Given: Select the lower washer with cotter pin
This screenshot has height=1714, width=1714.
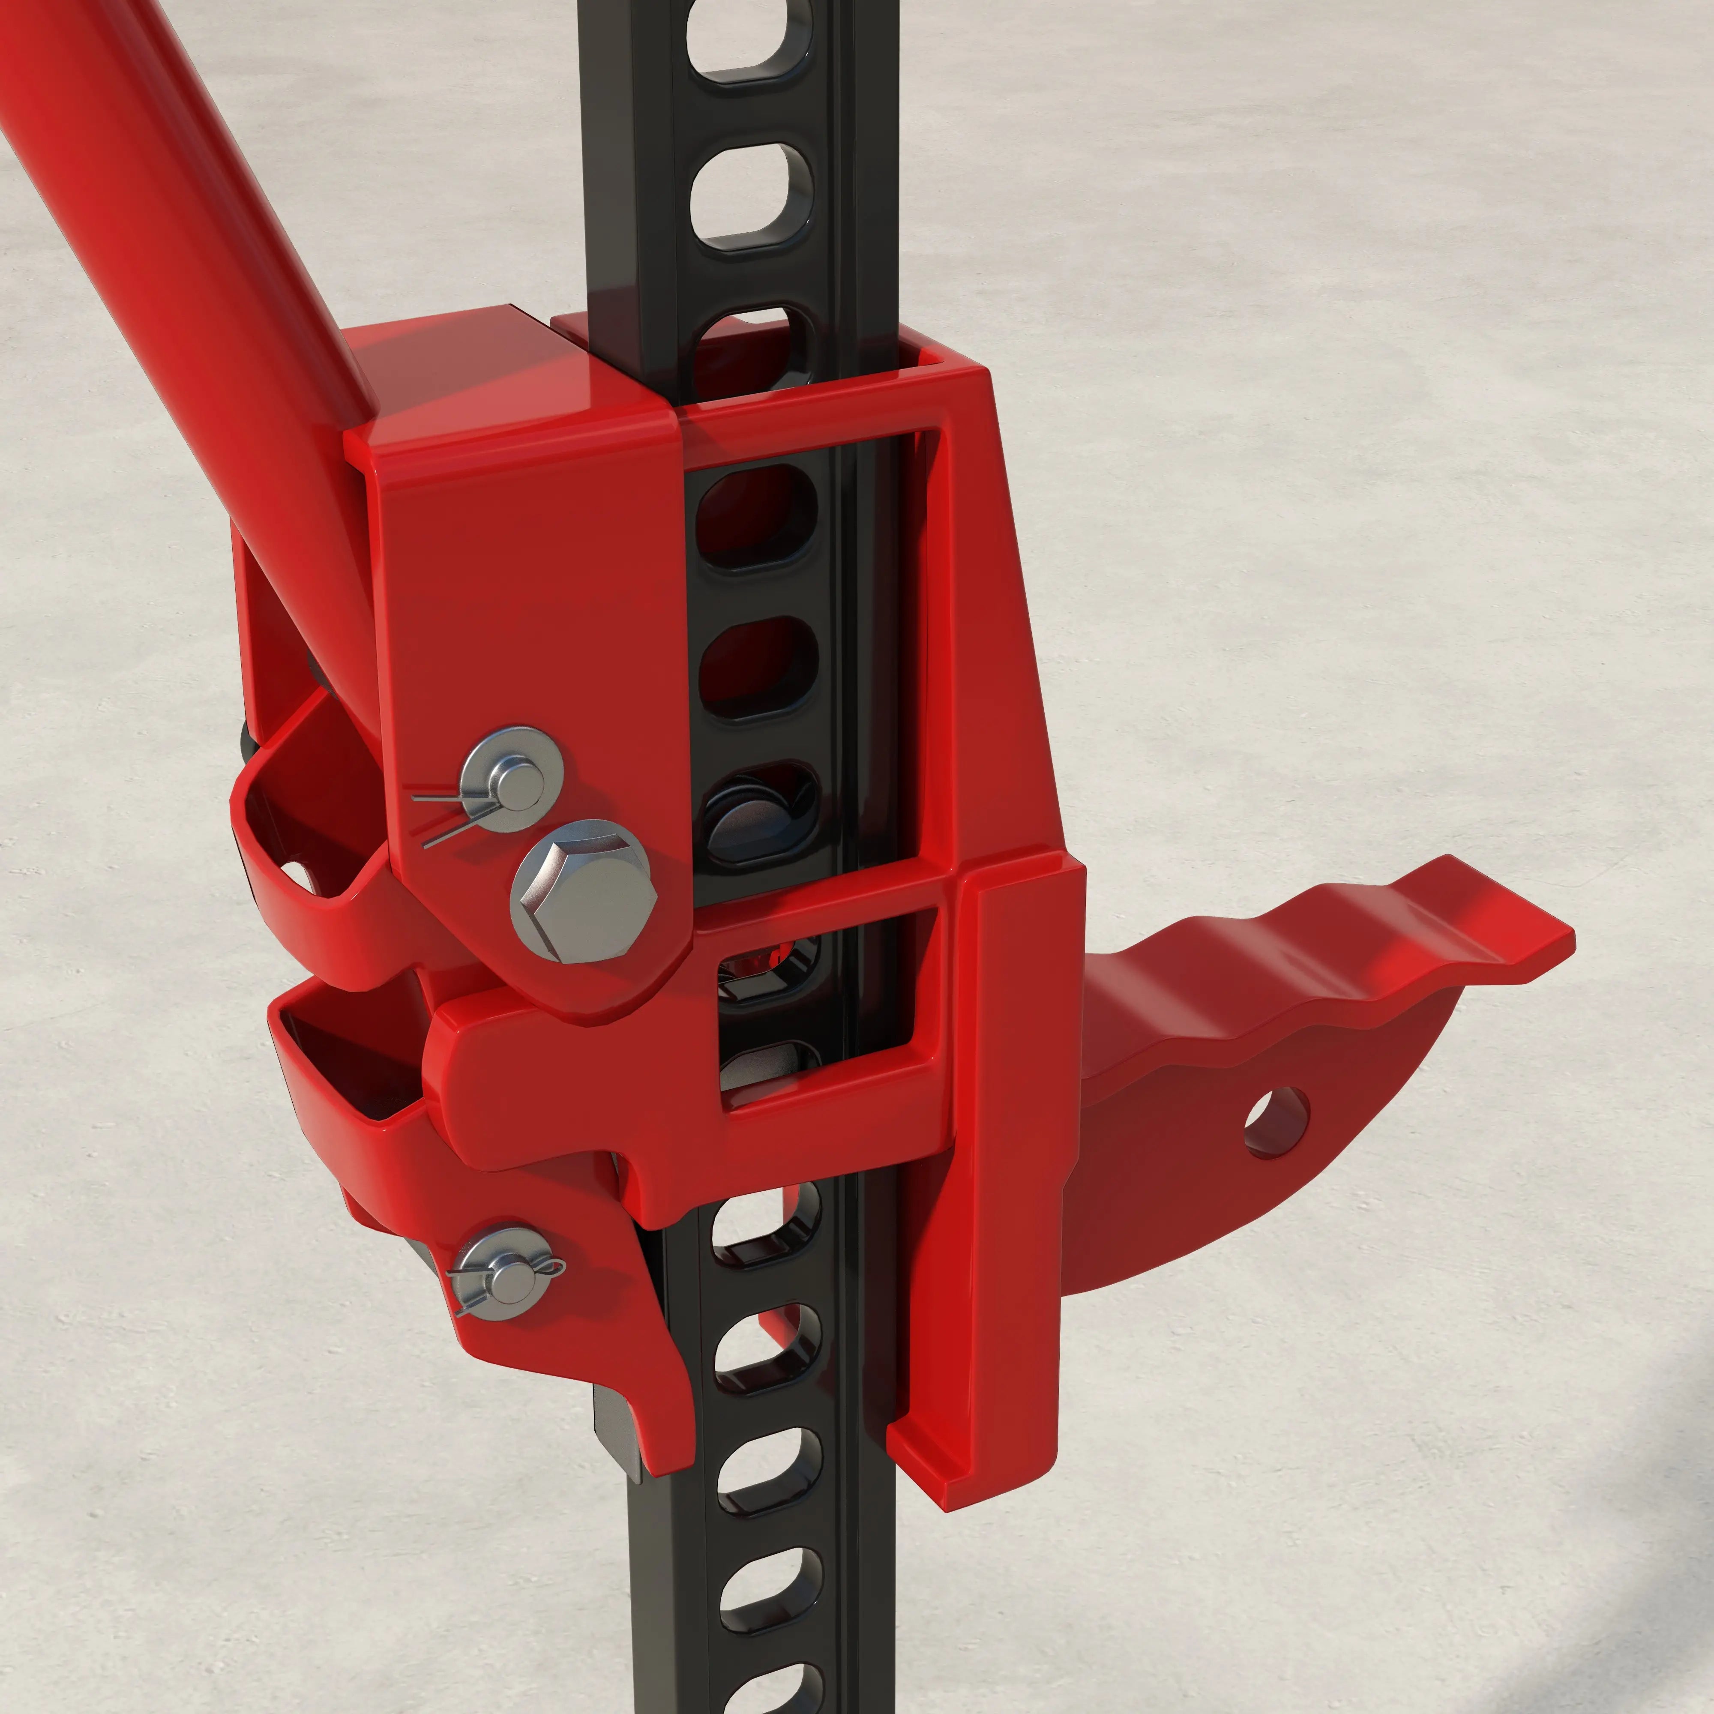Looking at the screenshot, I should click(x=503, y=1274).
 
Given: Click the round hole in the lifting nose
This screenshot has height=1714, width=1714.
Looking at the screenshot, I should click(x=1276, y=1121).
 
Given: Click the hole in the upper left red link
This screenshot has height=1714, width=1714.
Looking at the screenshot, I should click(x=297, y=874).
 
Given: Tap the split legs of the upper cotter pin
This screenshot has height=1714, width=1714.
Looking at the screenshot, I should click(x=434, y=816).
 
